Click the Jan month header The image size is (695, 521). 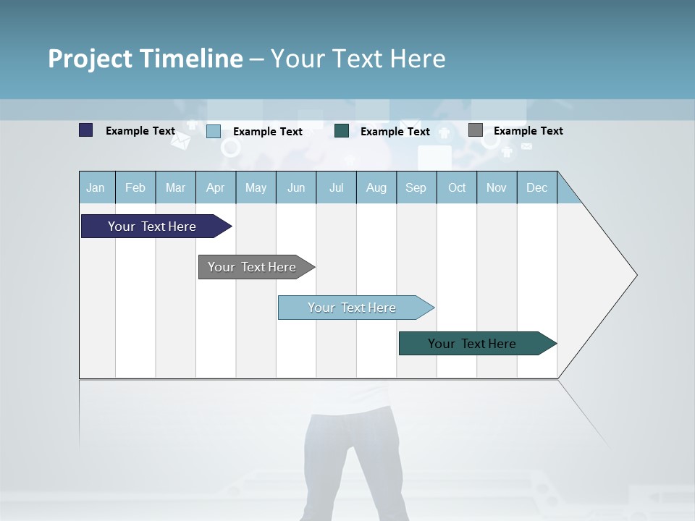96,188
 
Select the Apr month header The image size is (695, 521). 215,188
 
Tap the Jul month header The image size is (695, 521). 336,188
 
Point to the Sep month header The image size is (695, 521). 416,188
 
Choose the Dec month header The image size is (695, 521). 536,188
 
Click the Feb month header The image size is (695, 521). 135,188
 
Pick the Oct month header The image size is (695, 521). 457,188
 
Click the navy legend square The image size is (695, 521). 86,130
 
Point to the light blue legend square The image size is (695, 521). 214,131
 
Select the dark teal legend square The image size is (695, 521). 342,130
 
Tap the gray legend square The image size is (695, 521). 476,130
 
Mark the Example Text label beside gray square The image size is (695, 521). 528,131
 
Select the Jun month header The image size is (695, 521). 296,188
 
